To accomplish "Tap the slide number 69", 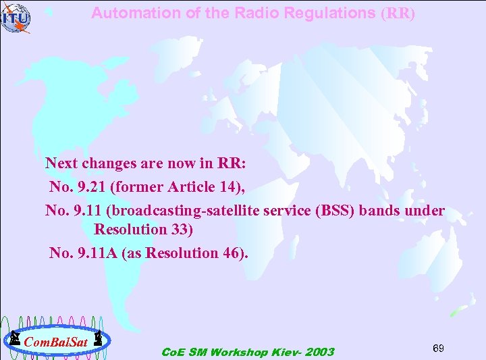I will click(x=438, y=347).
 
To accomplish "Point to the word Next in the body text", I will click(x=61, y=163).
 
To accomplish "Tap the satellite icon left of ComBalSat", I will click(x=13, y=338).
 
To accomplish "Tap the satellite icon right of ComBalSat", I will click(x=98, y=338).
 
